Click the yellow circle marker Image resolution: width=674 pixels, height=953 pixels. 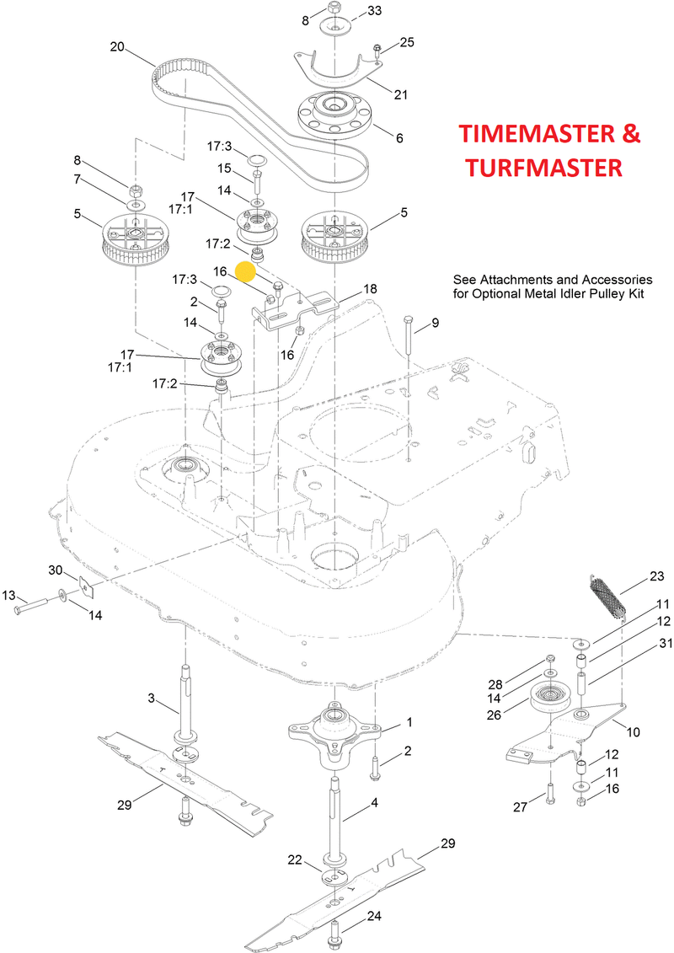pyautogui.click(x=246, y=270)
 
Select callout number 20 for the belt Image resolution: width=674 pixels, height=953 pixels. pyautogui.click(x=117, y=46)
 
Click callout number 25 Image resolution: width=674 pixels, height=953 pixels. pyautogui.click(x=407, y=41)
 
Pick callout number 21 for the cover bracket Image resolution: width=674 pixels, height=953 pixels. pyautogui.click(x=400, y=94)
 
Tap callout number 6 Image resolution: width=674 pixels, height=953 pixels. pyautogui.click(x=399, y=137)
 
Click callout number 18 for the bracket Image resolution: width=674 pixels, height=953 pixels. pyautogui.click(x=370, y=288)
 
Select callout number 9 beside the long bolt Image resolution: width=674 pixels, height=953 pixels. pyautogui.click(x=435, y=323)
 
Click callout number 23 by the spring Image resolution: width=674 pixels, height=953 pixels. pyautogui.click(x=656, y=577)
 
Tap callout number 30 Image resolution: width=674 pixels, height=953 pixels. pyautogui.click(x=56, y=570)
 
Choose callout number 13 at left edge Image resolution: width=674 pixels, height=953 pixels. pyautogui.click(x=8, y=596)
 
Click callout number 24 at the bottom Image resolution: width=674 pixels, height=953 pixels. pyautogui.click(x=374, y=915)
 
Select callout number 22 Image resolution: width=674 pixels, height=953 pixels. pyautogui.click(x=294, y=859)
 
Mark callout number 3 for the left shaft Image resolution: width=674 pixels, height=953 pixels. pyautogui.click(x=151, y=698)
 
